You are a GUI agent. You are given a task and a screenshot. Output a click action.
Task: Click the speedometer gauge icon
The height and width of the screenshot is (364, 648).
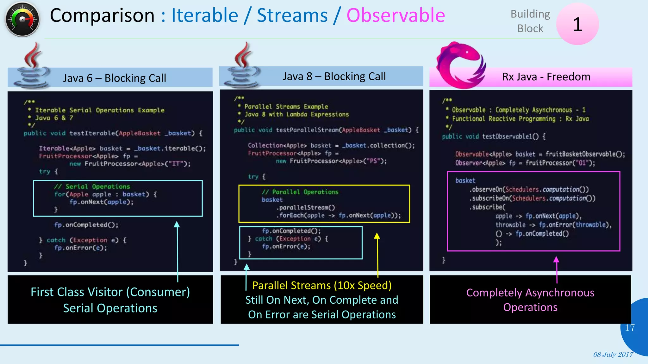pyautogui.click(x=22, y=20)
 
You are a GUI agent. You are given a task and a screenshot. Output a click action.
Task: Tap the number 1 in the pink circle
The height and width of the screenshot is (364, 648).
pyautogui.click(x=577, y=24)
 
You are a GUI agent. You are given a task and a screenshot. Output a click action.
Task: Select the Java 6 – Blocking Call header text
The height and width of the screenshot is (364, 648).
pyautogui.click(x=114, y=78)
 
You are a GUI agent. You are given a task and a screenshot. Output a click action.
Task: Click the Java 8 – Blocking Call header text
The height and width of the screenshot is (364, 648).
pyautogui.click(x=334, y=76)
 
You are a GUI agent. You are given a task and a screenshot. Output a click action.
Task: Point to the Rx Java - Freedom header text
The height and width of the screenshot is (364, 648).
pyautogui.click(x=546, y=77)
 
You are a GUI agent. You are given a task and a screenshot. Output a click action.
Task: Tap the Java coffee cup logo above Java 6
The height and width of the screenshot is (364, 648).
pyautogui.click(x=32, y=66)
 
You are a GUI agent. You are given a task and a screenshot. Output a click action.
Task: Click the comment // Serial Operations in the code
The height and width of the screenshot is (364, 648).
pyautogui.click(x=92, y=186)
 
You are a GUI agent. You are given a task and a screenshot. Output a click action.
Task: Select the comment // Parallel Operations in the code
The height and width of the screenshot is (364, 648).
pyautogui.click(x=300, y=192)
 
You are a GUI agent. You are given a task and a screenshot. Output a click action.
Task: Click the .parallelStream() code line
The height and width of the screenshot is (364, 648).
pyautogui.click(x=306, y=208)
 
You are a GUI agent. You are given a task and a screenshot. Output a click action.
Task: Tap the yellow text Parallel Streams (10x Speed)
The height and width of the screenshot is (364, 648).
pyautogui.click(x=322, y=285)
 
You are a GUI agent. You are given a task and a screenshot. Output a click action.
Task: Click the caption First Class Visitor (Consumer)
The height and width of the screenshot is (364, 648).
pyautogui.click(x=110, y=292)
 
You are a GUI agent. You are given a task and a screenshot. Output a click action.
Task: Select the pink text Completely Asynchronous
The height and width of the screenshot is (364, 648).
pyautogui.click(x=530, y=293)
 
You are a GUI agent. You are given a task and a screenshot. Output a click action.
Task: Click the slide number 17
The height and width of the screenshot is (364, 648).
pyautogui.click(x=630, y=328)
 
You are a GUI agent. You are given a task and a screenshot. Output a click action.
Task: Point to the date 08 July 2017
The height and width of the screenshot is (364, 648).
pyautogui.click(x=613, y=355)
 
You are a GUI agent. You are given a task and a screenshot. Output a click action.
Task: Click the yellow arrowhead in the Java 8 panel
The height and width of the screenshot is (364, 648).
pyautogui.click(x=377, y=236)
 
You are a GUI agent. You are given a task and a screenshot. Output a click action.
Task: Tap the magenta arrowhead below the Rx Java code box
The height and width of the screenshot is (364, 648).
pyautogui.click(x=556, y=260)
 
